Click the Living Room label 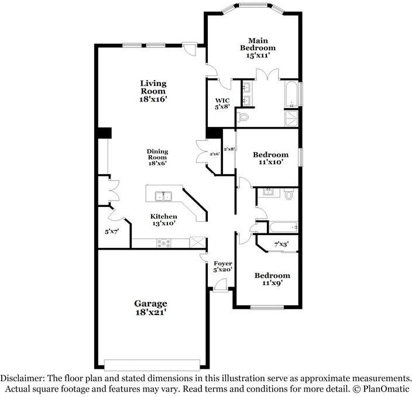153,91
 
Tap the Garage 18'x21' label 152,308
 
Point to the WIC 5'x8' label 222,103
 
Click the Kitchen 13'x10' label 163,220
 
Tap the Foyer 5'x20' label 222,266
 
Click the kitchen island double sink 161,196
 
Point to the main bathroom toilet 245,116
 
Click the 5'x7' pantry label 111,232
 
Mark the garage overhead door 154,361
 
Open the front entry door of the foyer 221,285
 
